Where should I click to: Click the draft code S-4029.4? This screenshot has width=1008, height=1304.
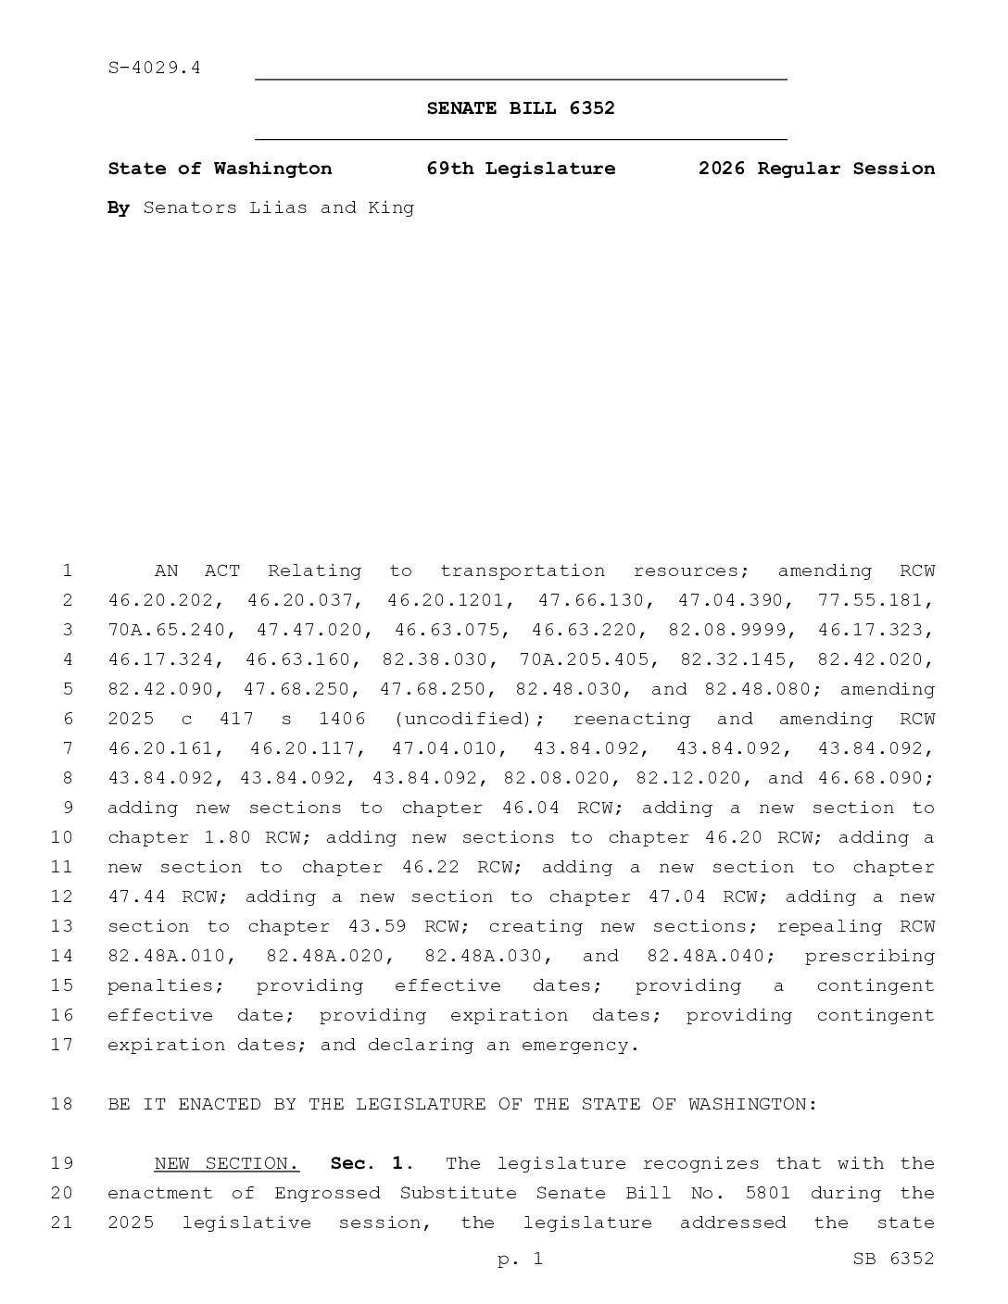pyautogui.click(x=154, y=68)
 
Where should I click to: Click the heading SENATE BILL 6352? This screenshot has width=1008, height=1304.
pyautogui.click(x=520, y=108)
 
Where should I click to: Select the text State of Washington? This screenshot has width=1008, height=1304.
pyautogui.click(x=220, y=169)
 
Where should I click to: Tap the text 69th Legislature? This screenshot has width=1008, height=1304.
pyautogui.click(x=520, y=169)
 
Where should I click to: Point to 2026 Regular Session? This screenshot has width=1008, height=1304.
pyautogui.click(x=815, y=169)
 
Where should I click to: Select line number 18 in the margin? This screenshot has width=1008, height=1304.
pyautogui.click(x=61, y=1104)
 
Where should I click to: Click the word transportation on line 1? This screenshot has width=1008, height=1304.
pyautogui.click(x=522, y=570)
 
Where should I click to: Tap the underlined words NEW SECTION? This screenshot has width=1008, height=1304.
pyautogui.click(x=226, y=1163)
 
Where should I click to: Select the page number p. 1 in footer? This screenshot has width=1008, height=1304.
pyautogui.click(x=520, y=1259)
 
